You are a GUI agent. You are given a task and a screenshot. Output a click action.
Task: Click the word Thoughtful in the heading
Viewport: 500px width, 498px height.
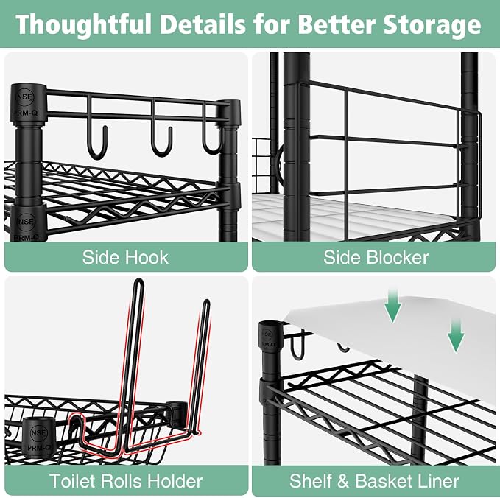pos(83,25)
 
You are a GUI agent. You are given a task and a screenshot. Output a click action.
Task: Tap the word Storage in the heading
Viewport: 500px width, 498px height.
pos(432,25)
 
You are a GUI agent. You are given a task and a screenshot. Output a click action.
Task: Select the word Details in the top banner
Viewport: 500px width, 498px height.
pos(203,24)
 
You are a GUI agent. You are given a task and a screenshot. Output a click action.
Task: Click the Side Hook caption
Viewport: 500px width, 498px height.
pos(125,257)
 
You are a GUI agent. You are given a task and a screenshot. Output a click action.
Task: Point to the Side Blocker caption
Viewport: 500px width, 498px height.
pos(376,257)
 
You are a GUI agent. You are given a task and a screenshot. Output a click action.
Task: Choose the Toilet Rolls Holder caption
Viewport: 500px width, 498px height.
pos(126,481)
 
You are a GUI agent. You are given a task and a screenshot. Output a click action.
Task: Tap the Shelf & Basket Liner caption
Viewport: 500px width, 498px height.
pos(374,481)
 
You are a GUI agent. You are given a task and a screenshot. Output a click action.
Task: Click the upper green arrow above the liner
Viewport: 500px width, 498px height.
pos(393,306)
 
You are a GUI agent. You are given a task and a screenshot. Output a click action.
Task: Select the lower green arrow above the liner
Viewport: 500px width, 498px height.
pos(456,335)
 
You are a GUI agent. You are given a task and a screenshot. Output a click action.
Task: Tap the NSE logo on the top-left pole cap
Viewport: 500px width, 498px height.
pos(24,97)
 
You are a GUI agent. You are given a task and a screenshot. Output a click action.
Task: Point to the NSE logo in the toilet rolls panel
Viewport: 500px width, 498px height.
pos(38,433)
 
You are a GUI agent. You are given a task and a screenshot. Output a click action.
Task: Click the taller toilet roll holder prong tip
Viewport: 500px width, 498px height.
pos(139,280)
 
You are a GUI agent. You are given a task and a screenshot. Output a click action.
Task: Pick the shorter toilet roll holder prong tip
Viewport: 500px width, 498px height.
pos(207,301)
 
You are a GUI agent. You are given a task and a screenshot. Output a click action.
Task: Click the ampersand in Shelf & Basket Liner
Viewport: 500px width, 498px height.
pos(343,481)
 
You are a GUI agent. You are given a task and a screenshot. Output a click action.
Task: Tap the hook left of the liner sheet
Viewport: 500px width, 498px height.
pos(297,346)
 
